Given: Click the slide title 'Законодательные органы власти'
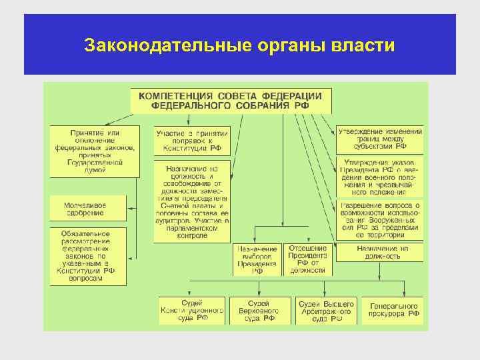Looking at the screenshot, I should point(240,45).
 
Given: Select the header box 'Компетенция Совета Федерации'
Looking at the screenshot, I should point(230,100).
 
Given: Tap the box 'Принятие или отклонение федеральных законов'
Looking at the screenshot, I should point(95,151).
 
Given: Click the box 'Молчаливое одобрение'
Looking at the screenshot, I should point(85,208).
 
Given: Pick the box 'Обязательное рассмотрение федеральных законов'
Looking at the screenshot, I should point(87,256).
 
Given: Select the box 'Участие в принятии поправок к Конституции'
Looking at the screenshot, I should point(191,141).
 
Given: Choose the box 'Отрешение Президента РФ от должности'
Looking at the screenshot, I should point(307,259).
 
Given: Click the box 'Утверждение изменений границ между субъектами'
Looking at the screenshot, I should point(380,138).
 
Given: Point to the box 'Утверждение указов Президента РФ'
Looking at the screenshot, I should point(380,177).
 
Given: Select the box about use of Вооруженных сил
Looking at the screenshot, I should point(380,219).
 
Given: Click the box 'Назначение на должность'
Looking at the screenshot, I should point(380,252).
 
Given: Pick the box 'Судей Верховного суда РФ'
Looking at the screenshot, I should point(260,311).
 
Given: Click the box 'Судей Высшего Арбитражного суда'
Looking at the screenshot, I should point(325,311).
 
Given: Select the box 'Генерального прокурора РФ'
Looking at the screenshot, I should point(394,311).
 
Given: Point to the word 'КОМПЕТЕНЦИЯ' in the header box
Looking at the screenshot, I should point(176,96).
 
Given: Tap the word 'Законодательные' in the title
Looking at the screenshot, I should point(167,45).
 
